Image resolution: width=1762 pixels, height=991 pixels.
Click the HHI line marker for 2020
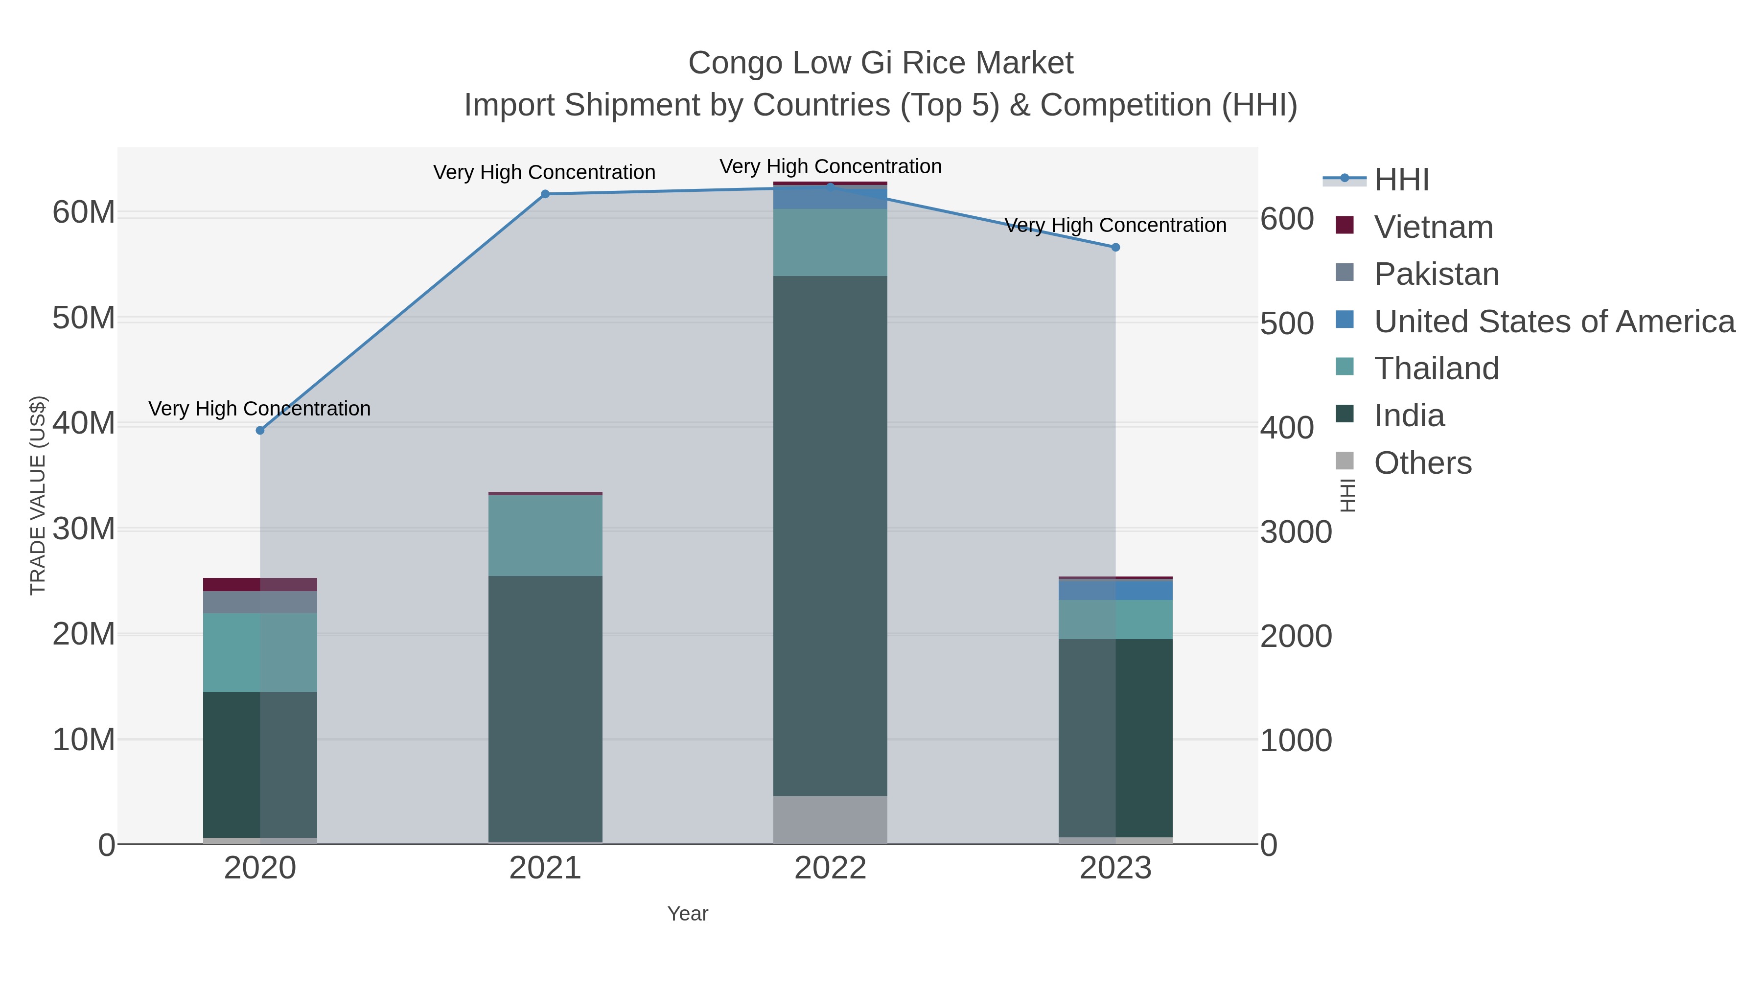pyautogui.click(x=260, y=430)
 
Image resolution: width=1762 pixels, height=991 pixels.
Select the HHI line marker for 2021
pyautogui.click(x=545, y=194)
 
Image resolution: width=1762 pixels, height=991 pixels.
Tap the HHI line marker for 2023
pyautogui.click(x=1115, y=247)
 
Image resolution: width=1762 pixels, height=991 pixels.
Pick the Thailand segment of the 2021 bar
pyautogui.click(x=545, y=535)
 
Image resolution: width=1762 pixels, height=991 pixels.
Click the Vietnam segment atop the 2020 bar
pyautogui.click(x=260, y=584)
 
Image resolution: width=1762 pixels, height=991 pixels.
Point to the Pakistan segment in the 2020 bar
pyautogui.click(x=260, y=602)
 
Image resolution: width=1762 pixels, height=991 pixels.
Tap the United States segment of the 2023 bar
pyautogui.click(x=1115, y=590)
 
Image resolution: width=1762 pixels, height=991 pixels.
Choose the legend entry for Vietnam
pyautogui.click(x=1433, y=227)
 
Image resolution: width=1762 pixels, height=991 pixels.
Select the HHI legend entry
pyautogui.click(x=1401, y=180)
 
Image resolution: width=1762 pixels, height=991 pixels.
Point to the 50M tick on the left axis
pyautogui.click(x=83, y=318)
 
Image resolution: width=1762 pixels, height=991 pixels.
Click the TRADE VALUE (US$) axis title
pyautogui.click(x=38, y=495)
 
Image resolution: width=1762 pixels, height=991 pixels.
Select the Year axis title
pyautogui.click(x=688, y=914)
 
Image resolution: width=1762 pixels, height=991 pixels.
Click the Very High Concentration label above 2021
pyautogui.click(x=544, y=172)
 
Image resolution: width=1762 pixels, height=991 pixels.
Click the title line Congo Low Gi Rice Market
pyautogui.click(x=881, y=63)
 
